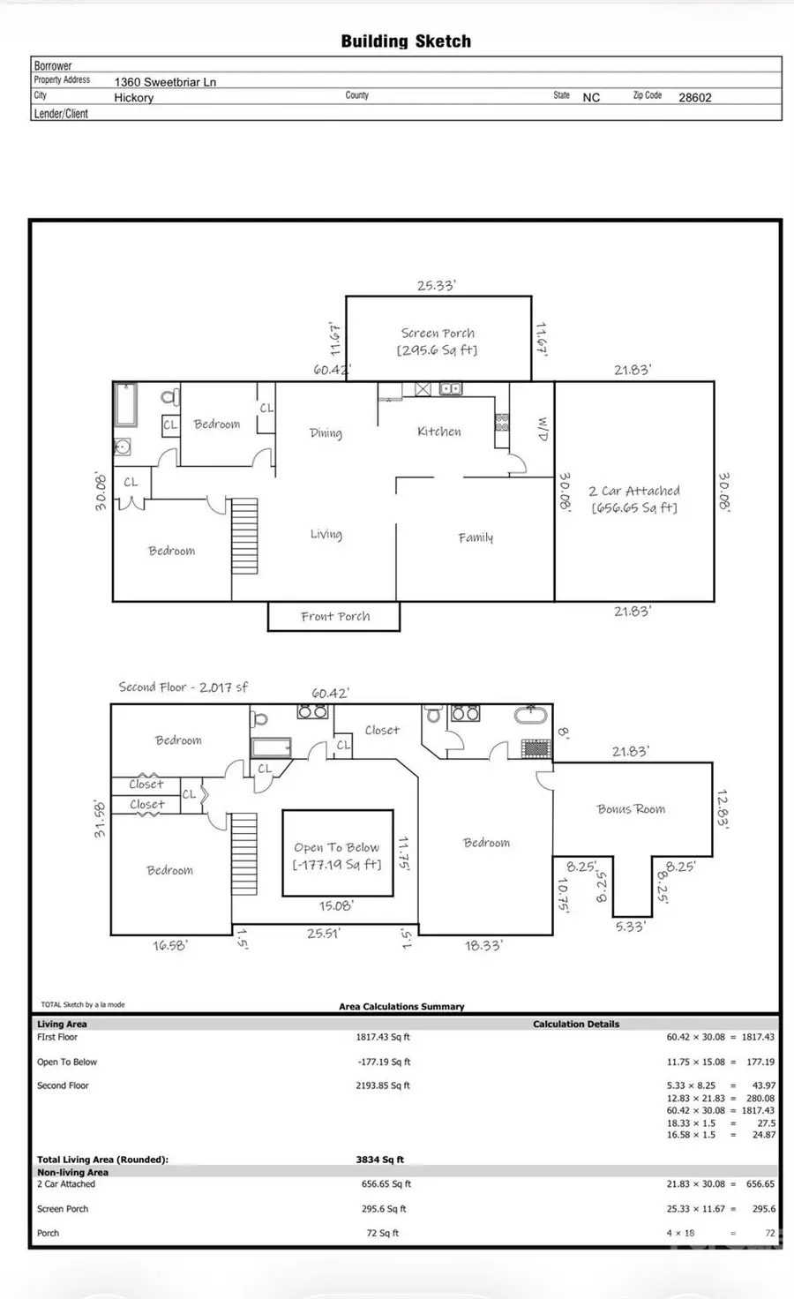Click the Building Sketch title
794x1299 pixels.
[x=406, y=41]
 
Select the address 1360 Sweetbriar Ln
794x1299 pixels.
[x=165, y=82]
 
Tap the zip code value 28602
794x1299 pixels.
[x=694, y=98]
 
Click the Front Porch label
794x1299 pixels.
[x=335, y=617]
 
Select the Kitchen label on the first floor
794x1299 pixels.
[x=439, y=432]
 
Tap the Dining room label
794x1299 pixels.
[x=326, y=433]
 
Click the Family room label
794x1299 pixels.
[x=476, y=537]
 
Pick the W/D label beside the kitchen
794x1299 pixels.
[x=543, y=429]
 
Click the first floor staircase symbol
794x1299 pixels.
[x=244, y=537]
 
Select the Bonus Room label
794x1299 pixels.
[x=631, y=809]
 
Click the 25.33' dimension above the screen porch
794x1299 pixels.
[x=436, y=286]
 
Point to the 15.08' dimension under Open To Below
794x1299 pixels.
[x=335, y=906]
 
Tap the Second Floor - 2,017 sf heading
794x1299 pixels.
[x=184, y=687]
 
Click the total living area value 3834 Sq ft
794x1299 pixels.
[x=379, y=1160]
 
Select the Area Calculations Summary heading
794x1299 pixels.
[x=401, y=1006]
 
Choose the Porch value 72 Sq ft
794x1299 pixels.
[x=383, y=1234]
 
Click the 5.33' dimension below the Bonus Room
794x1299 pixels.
[x=630, y=927]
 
